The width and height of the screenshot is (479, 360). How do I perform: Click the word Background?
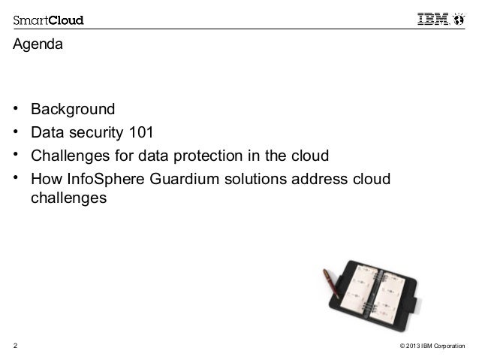pyautogui.click(x=73, y=110)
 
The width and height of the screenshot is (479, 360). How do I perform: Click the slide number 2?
pyautogui.click(x=15, y=346)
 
